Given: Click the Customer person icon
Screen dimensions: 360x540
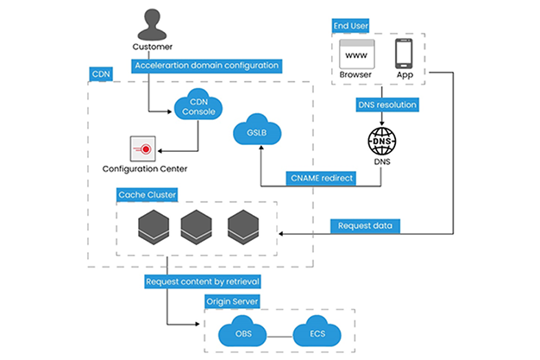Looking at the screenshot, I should [153, 22].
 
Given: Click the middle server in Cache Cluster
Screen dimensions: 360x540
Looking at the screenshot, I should [196, 226].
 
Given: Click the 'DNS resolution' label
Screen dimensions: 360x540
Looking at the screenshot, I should [387, 105].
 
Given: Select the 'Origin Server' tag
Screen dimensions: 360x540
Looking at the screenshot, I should [233, 302].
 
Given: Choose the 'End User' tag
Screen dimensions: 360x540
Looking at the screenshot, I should [351, 26].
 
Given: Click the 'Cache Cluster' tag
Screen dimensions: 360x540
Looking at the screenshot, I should [147, 195].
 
